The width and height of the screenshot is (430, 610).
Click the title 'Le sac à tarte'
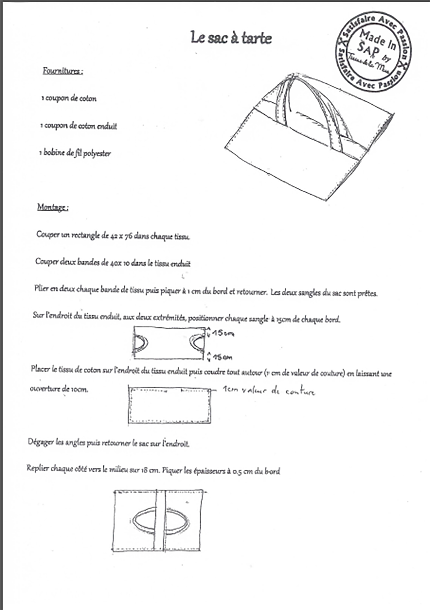pos(231,38)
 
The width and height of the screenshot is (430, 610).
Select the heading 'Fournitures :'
pos(63,71)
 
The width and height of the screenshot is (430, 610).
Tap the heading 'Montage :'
pos(53,207)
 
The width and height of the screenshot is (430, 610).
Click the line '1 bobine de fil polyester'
pos(75,153)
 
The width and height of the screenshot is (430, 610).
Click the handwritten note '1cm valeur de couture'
pos(269,391)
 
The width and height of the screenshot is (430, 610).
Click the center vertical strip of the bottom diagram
pos(160,521)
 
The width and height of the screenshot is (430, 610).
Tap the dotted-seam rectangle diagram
pos(169,406)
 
